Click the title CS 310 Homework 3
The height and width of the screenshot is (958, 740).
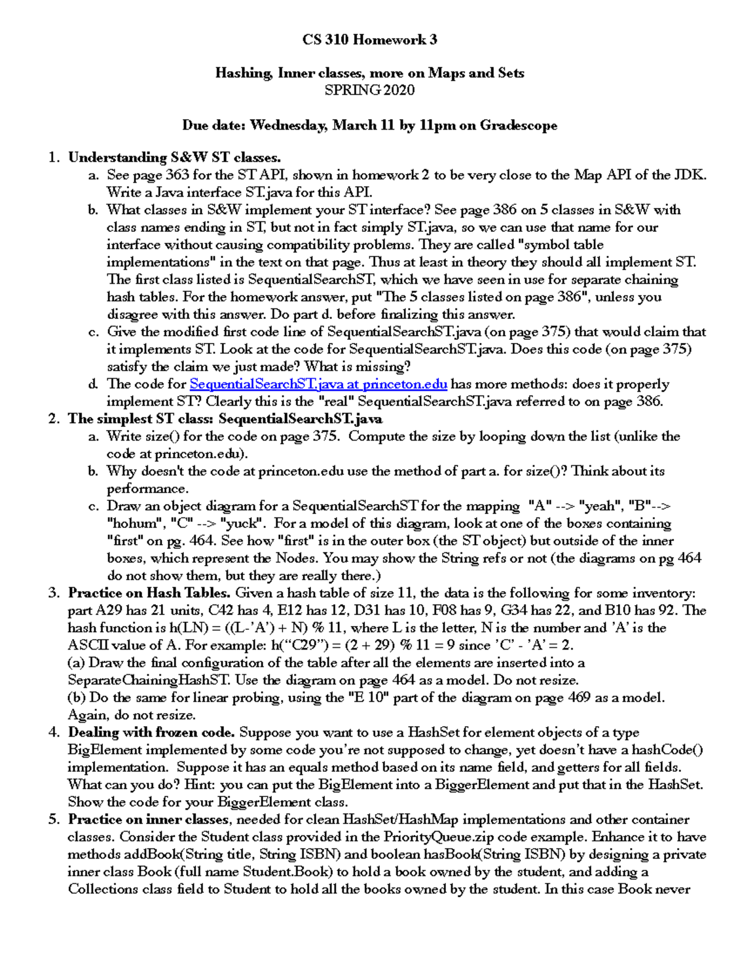(369, 40)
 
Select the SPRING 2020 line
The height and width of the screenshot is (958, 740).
(369, 90)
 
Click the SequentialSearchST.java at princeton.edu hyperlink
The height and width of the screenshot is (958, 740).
(318, 384)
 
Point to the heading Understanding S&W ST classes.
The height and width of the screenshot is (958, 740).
(174, 157)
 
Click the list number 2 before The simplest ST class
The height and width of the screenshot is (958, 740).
(54, 419)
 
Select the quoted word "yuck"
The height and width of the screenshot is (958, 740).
(243, 524)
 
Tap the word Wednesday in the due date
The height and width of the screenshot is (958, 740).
(288, 125)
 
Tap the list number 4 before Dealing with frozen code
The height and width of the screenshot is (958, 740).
(54, 733)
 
